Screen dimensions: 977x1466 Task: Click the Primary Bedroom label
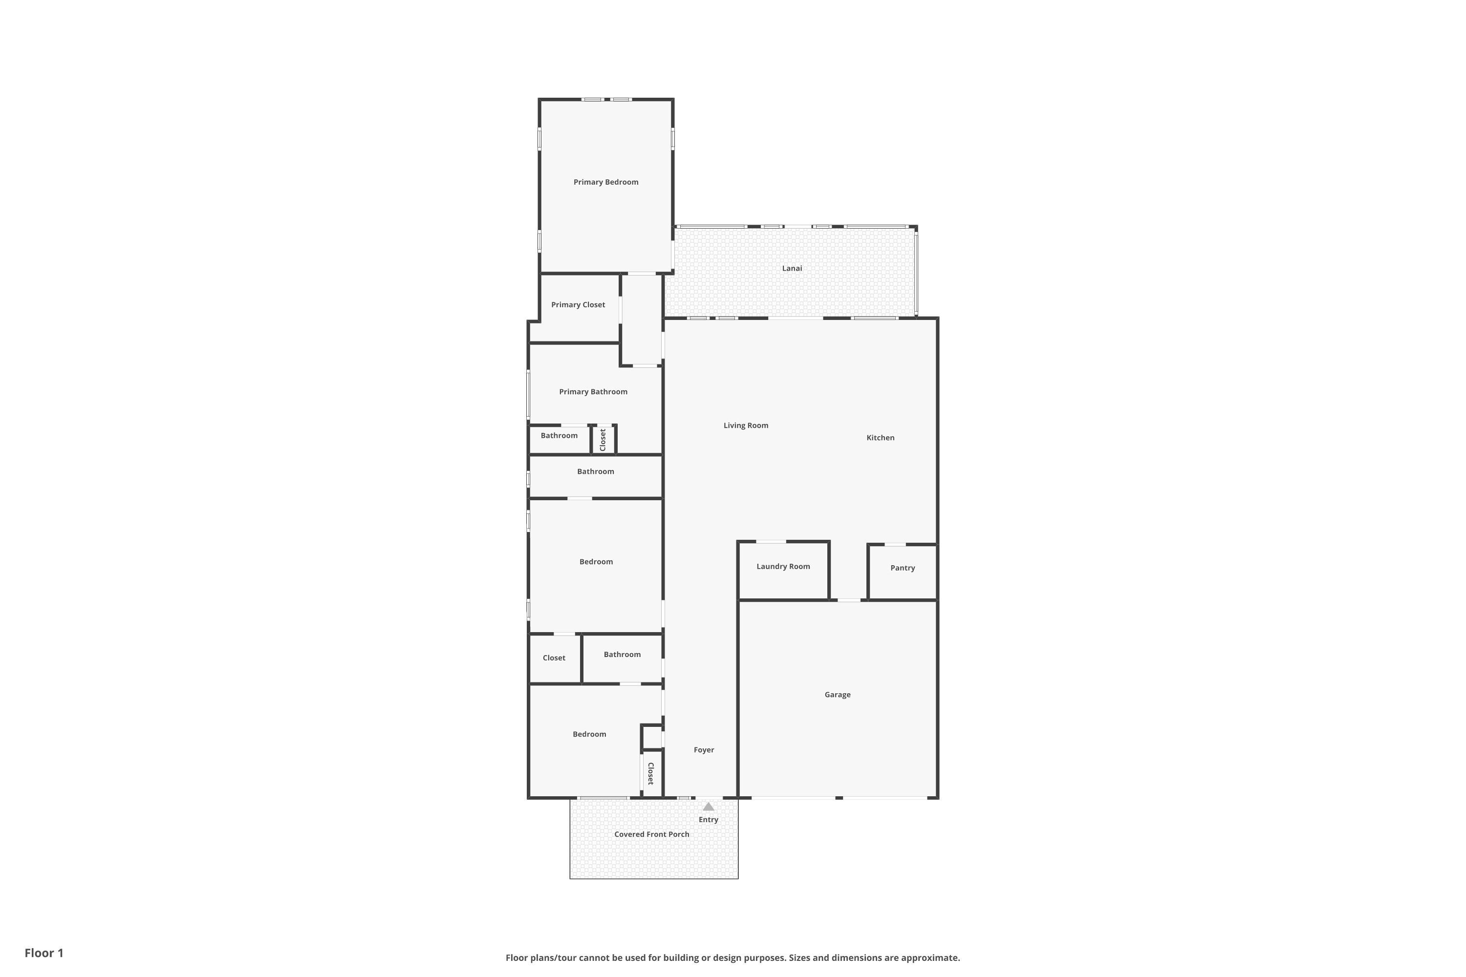click(x=605, y=182)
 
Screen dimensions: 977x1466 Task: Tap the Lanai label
click(x=792, y=268)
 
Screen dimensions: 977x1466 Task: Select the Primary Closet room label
click(x=578, y=305)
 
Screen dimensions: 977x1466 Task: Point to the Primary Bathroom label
click(x=593, y=391)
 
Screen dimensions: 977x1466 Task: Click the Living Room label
click(x=746, y=425)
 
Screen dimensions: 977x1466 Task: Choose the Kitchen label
click(x=880, y=437)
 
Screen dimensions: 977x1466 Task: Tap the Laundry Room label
click(x=783, y=566)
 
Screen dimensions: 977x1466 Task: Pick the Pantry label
click(x=902, y=568)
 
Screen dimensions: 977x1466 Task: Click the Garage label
click(x=837, y=694)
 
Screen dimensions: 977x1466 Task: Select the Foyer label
click(x=704, y=749)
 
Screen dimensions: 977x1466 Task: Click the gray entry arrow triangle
click(x=708, y=807)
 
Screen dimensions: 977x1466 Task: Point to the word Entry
click(x=708, y=819)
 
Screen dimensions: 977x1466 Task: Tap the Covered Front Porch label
click(x=651, y=834)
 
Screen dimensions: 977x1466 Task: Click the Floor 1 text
click(x=43, y=953)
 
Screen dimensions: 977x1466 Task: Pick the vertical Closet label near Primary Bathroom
click(x=603, y=439)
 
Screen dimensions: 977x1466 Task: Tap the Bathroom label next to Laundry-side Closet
click(x=622, y=654)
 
